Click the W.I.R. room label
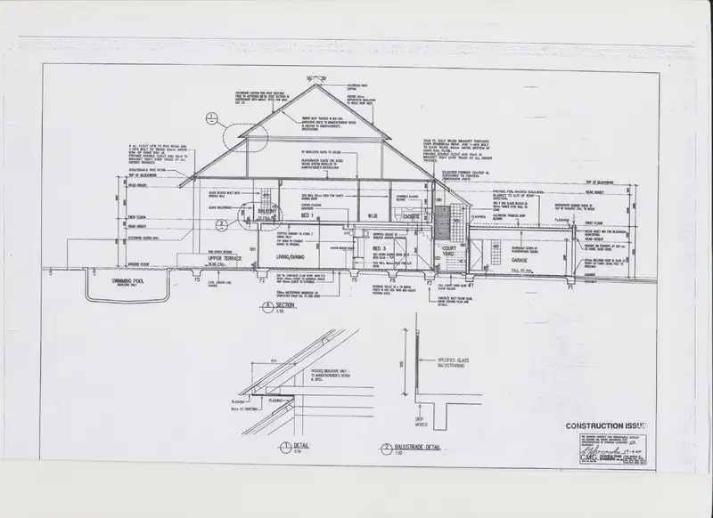(375, 215)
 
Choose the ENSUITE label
(412, 215)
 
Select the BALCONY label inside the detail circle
(266, 210)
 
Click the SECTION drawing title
(283, 305)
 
